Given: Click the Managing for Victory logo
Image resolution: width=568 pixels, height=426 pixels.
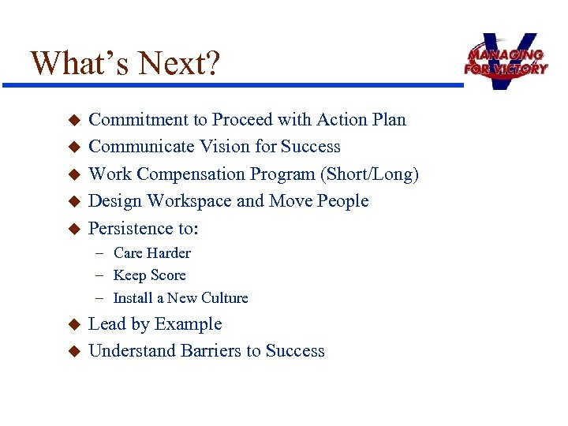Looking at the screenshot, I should (x=505, y=61).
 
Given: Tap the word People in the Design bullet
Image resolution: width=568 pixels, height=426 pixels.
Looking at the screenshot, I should (x=342, y=201).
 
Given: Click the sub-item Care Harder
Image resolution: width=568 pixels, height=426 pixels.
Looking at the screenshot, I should (x=151, y=253).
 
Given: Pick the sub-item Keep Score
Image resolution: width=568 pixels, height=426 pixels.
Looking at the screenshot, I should (x=149, y=275).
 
